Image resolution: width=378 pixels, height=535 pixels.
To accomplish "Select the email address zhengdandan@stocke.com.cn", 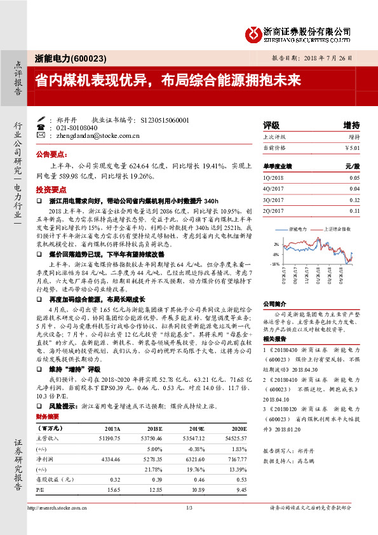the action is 97,135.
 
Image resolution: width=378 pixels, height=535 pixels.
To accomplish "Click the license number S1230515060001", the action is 163,119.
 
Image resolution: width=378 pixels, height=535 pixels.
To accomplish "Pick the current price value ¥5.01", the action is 352,147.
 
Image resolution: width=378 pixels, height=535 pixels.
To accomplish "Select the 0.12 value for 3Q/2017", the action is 354,200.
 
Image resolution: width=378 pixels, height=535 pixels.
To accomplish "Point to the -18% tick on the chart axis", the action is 274,262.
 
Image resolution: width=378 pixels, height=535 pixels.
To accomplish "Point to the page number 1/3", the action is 189,508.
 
